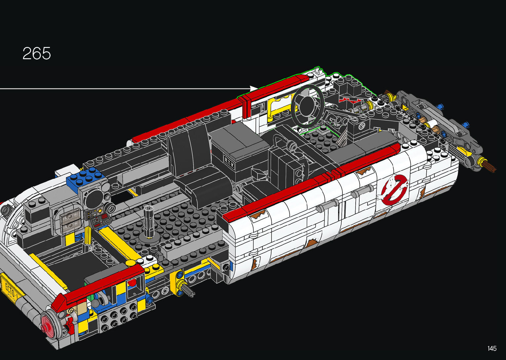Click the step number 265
pyautogui.click(x=37, y=54)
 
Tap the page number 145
pyautogui.click(x=492, y=348)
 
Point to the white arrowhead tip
pyautogui.click(x=258, y=88)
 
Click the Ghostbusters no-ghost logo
pyautogui.click(x=393, y=189)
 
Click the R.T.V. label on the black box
pyautogui.click(x=229, y=162)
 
